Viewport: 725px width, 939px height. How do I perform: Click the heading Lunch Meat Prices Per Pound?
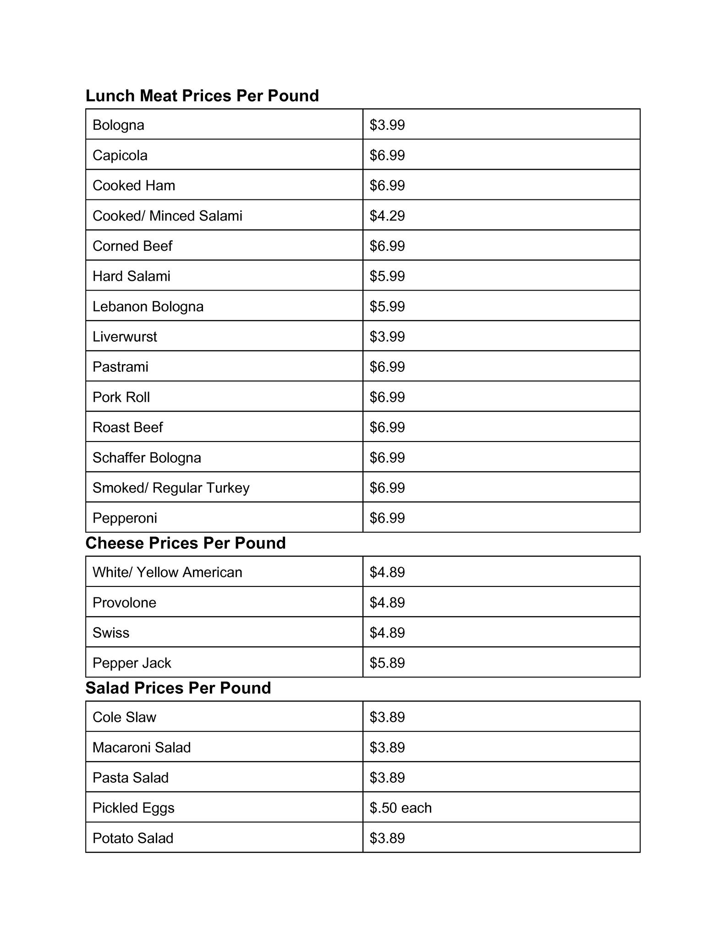coord(202,96)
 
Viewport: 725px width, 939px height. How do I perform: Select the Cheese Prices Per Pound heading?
coord(185,543)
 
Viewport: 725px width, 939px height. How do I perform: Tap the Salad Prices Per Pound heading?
coord(178,688)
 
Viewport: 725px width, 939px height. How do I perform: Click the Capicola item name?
coord(120,155)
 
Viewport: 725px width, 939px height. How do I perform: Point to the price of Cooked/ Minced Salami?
coord(387,216)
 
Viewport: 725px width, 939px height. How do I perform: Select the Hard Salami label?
coord(132,276)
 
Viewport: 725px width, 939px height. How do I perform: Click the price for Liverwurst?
coord(387,337)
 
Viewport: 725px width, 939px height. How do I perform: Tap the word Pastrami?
coord(121,367)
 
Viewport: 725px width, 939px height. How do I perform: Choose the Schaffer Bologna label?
coord(147,458)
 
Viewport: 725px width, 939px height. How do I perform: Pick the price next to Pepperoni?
coord(387,518)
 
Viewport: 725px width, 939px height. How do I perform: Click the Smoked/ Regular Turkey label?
coord(171,488)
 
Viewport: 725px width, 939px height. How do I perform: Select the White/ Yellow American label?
coord(167,572)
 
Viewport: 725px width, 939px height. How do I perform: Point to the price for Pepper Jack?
coord(387,663)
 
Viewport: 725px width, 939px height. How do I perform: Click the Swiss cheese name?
coord(111,633)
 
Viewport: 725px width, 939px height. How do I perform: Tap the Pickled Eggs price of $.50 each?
coord(401,808)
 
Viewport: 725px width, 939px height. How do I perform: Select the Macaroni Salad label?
coord(142,747)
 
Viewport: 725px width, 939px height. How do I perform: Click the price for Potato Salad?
coord(387,838)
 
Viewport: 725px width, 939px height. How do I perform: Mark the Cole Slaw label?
coord(124,717)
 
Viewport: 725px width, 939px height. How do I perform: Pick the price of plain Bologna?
coord(387,125)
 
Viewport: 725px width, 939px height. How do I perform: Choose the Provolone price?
coord(387,602)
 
